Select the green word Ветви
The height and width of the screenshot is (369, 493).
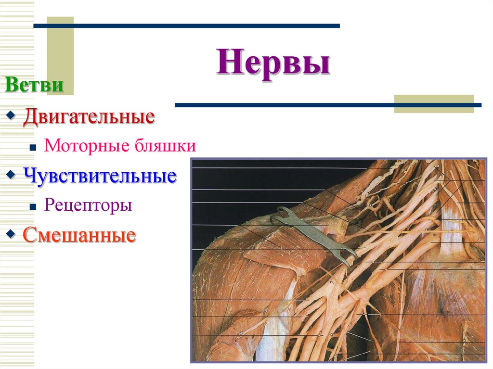(x=34, y=86)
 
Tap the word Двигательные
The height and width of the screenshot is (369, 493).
(x=89, y=117)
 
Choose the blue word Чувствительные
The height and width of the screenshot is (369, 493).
(x=100, y=176)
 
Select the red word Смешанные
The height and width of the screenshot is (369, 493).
(x=79, y=235)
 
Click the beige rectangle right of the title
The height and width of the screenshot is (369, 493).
(x=433, y=104)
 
